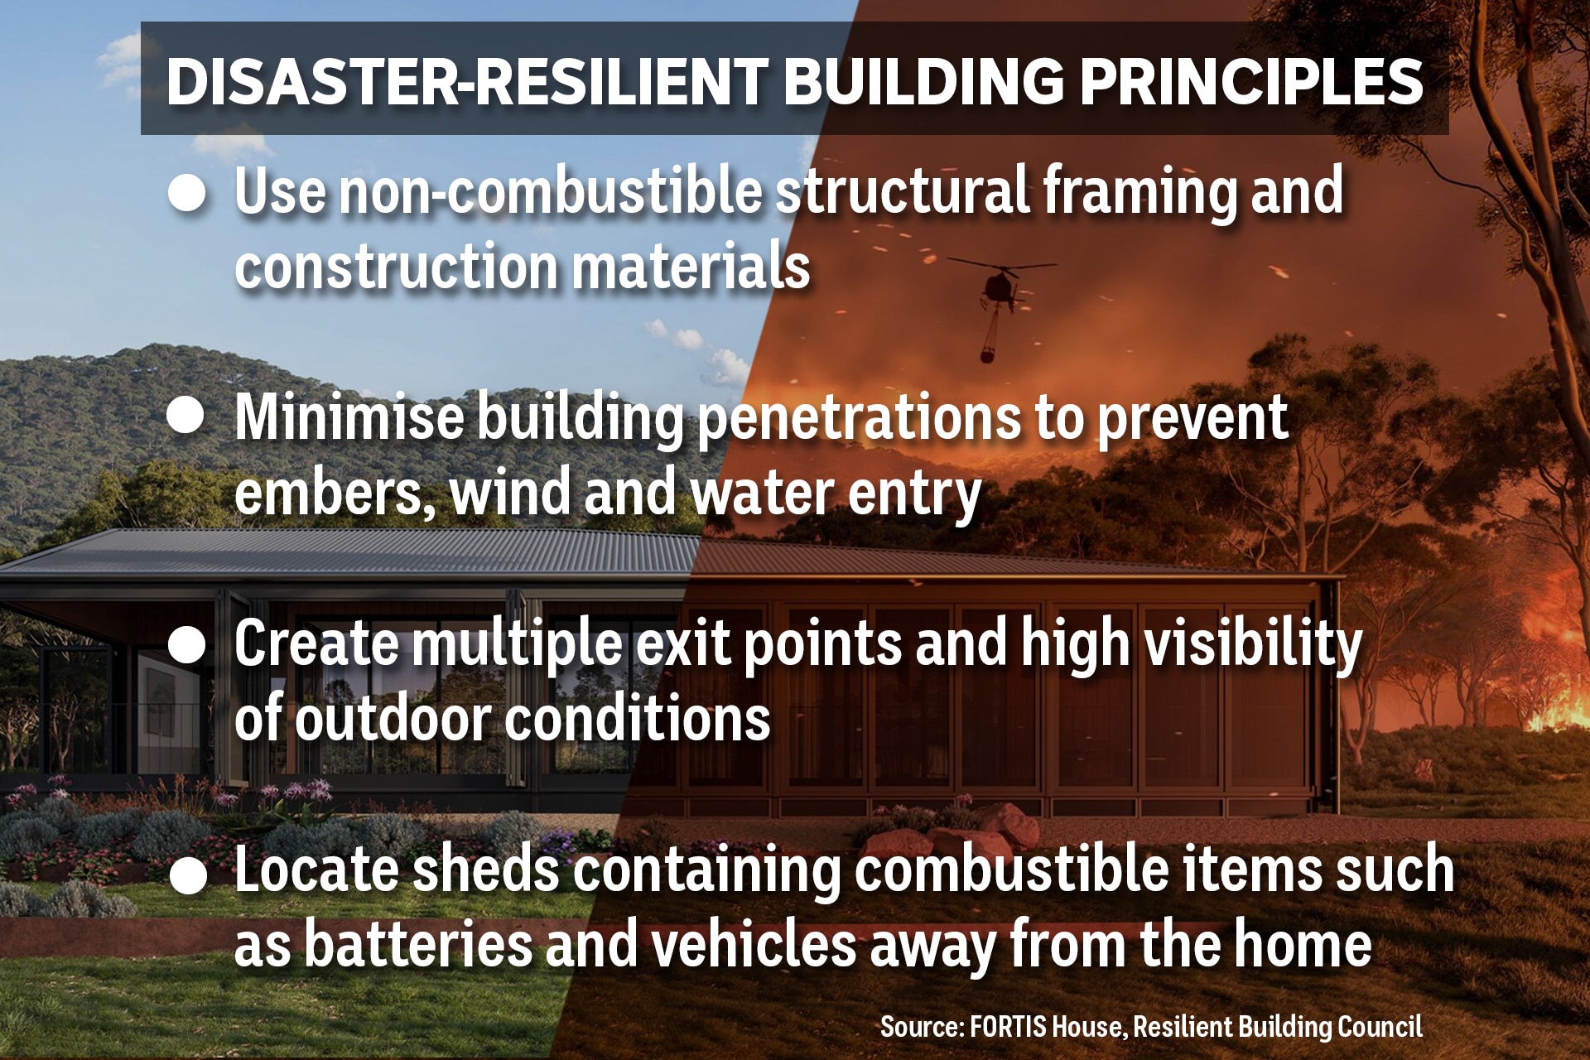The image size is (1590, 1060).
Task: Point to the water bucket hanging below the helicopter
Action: point(987,352)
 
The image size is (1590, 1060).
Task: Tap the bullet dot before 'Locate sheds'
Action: point(188,874)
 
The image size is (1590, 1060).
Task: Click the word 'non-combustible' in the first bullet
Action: point(550,190)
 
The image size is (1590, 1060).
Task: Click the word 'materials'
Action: point(691,267)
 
